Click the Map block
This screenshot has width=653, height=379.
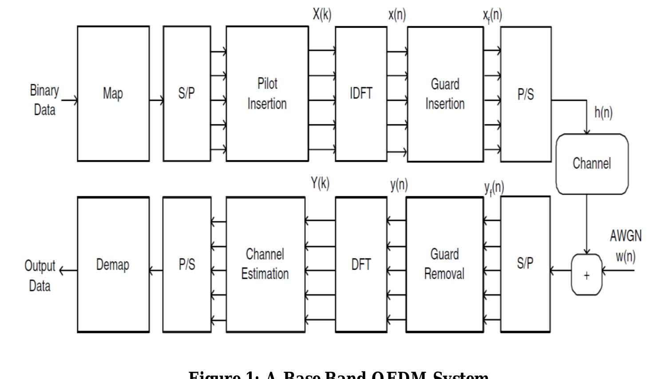tap(113, 94)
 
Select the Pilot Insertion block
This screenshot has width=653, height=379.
tap(267, 94)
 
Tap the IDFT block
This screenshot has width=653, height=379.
tap(360, 94)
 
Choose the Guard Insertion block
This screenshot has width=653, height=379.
tap(445, 94)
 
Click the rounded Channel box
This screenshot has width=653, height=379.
tap(592, 164)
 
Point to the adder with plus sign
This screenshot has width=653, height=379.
tap(586, 275)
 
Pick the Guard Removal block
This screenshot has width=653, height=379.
tap(444, 264)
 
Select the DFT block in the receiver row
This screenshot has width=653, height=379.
tap(360, 265)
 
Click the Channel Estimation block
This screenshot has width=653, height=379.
tap(265, 264)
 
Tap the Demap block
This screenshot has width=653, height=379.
tap(113, 265)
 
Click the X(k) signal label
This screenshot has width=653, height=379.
tap(322, 15)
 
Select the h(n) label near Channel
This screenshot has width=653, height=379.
tap(603, 112)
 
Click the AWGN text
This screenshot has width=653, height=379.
tap(625, 236)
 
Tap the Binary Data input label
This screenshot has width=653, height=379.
tap(44, 100)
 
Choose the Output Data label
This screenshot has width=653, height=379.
tap(40, 276)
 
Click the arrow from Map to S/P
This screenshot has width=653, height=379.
tap(156, 101)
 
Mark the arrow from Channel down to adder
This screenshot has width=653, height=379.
tap(587, 224)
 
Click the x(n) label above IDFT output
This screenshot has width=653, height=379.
tap(397, 15)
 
